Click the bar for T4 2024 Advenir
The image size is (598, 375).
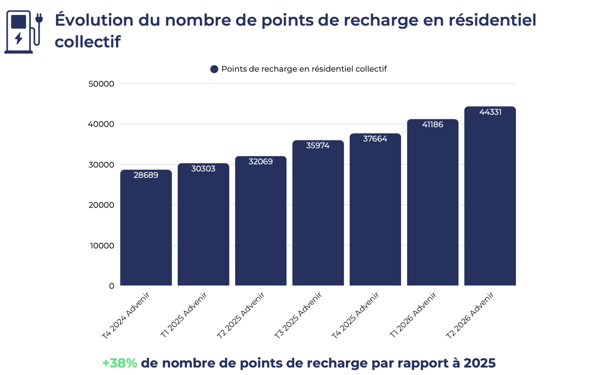pos(146,228)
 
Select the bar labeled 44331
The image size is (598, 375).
pos(490,196)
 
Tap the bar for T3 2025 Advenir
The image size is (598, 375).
pos(318,213)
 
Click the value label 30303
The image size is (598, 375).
pos(203,169)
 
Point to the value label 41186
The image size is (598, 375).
pos(433,125)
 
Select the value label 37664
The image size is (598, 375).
pos(375,139)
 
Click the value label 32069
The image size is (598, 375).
pos(261,161)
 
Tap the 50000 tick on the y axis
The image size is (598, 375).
pos(101,84)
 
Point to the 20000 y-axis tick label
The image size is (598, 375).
pos(101,205)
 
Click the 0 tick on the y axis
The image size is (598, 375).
pos(112,286)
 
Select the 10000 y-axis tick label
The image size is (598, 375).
pos(102,246)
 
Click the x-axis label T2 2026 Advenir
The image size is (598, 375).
pos(470,315)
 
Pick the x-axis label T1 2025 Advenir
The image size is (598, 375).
pos(183,315)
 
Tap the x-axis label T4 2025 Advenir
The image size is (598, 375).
pos(355,315)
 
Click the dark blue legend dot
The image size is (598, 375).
pos(214,69)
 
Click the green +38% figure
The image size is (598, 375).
pos(120,363)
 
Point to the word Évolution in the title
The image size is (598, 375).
pos(94,20)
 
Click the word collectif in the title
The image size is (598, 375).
pos(88,42)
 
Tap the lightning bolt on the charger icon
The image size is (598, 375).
pos(19,38)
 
